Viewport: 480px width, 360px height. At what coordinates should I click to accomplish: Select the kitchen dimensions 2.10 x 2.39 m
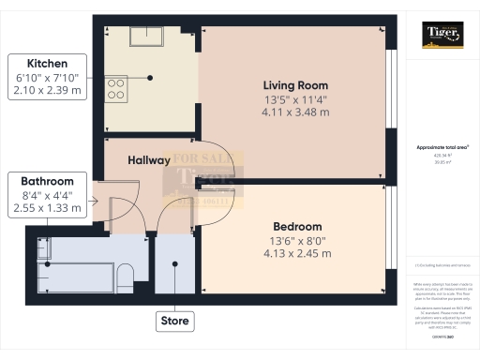[x=50, y=91]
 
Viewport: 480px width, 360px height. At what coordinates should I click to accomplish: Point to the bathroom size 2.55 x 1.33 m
[x=50, y=211]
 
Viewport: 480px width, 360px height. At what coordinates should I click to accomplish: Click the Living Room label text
[x=295, y=85]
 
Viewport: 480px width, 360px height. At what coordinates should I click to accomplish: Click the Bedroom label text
[x=297, y=227]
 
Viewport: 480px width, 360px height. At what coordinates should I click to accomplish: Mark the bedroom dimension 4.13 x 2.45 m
[x=297, y=254]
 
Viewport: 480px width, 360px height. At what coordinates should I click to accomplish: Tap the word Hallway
[x=149, y=160]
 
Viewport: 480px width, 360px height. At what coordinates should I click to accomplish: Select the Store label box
[x=175, y=322]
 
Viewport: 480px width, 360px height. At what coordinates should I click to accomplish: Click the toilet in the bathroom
[x=126, y=272]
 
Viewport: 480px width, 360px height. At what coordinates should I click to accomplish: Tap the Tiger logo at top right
[x=443, y=37]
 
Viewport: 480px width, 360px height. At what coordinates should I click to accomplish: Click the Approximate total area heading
[x=441, y=149]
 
